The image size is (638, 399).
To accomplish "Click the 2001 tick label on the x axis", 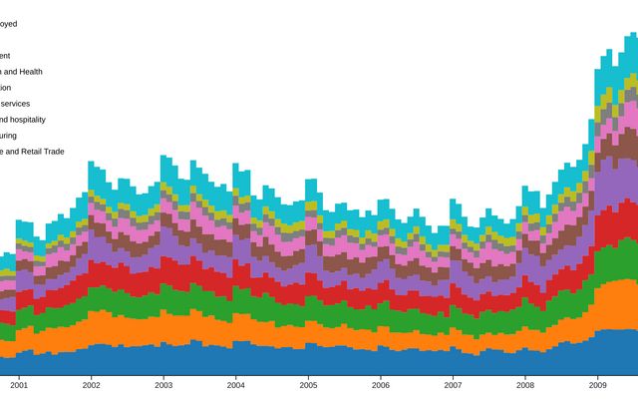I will coord(19,384).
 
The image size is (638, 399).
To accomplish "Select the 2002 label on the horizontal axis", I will coord(91,384).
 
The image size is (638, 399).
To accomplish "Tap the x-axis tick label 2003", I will coord(163,384).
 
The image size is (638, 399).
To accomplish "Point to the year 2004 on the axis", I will coord(235,384).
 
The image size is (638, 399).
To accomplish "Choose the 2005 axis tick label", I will coord(308,384).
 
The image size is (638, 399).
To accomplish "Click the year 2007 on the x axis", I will coord(453,384).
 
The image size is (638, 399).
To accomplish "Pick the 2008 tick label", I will coord(524,384).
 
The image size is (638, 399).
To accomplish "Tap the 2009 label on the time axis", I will coord(597,384).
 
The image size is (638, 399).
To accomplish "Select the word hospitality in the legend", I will coord(25,120).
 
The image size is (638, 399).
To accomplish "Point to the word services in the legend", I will coord(15,104).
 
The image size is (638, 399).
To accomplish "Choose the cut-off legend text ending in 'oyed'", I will coord(8,24).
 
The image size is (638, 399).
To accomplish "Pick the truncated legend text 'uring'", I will coord(8,136).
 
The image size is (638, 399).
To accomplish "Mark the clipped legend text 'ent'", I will coord(5,56).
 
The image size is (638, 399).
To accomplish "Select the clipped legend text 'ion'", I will coord(4,88).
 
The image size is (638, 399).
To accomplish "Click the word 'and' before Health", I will coord(7,72).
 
